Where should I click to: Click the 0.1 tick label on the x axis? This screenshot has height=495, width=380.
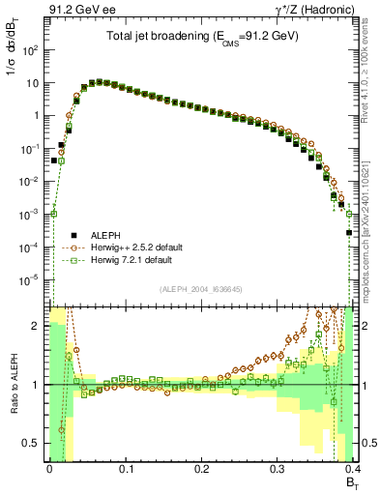(x=126, y=469)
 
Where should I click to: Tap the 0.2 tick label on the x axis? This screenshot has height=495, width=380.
(x=201, y=469)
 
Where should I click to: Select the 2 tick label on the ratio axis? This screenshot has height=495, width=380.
(x=37, y=327)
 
